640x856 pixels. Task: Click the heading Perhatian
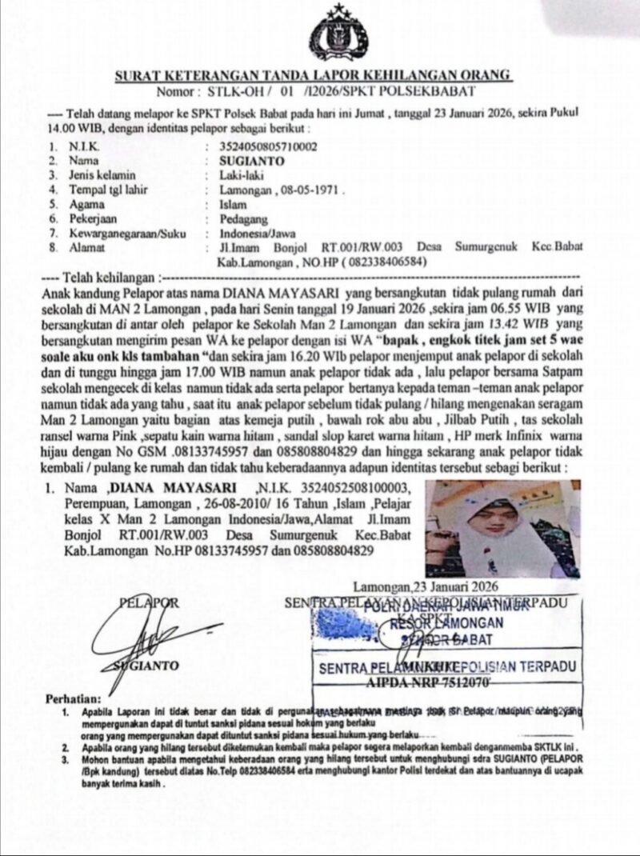point(75,698)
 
